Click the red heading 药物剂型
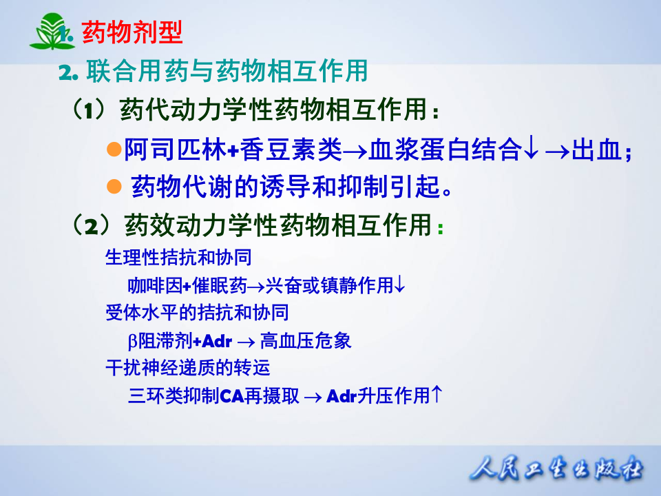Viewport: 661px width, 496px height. pos(131,32)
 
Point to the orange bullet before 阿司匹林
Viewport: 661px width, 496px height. pos(114,149)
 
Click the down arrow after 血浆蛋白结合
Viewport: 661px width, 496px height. pos(529,149)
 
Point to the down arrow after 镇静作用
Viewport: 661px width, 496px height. pos(400,285)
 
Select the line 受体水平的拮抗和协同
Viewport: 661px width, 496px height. pos(196,313)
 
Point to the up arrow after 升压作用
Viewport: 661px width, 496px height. pos(436,395)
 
